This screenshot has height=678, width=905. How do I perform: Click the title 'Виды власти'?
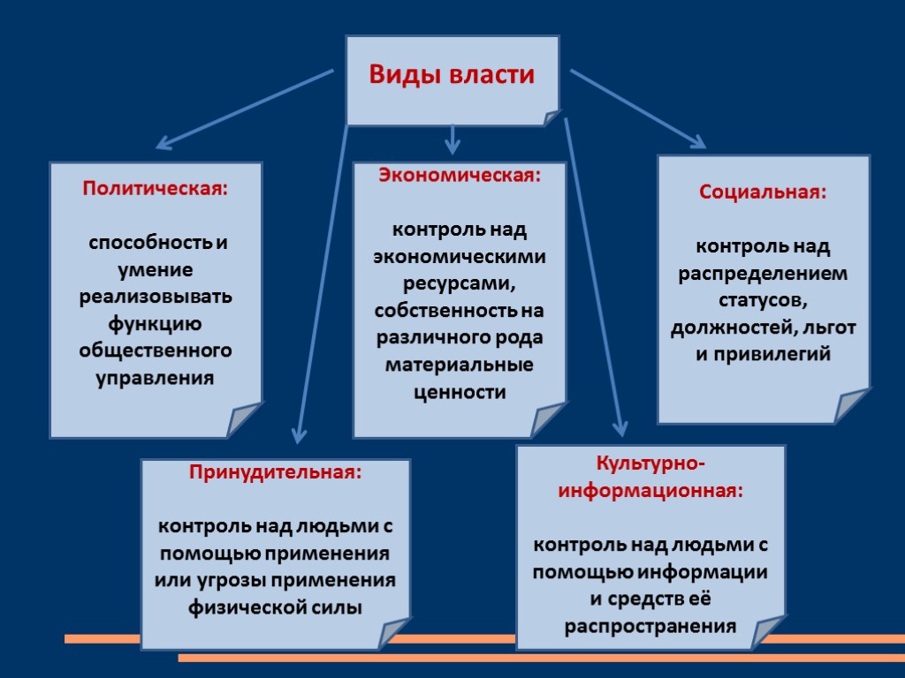(452, 75)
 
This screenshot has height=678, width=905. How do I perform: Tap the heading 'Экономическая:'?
(459, 175)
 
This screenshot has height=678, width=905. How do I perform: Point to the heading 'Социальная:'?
(763, 192)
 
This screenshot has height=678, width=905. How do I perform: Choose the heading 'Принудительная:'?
(275, 471)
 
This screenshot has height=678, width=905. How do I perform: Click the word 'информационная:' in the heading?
(650, 490)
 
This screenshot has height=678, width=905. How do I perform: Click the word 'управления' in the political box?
(155, 378)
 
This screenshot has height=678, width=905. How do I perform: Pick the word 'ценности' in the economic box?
(460, 392)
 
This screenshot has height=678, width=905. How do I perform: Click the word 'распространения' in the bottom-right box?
(650, 626)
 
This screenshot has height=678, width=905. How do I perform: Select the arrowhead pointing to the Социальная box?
(697, 141)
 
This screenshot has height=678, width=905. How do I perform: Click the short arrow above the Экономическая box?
(452, 139)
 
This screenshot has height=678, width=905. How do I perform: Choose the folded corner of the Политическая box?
(244, 420)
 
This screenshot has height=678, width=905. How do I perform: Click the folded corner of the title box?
(550, 117)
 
